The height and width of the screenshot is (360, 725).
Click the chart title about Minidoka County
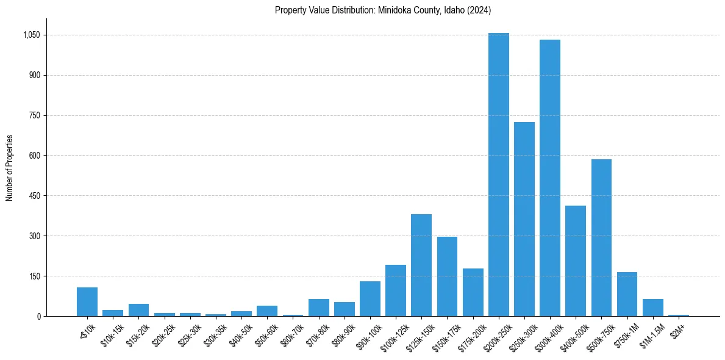382,10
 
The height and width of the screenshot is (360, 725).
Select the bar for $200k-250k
498,175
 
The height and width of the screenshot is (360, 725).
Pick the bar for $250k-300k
524,219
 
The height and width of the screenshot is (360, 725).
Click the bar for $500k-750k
601,237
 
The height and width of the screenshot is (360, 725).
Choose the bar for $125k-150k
421,265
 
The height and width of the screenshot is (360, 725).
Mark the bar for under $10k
87,301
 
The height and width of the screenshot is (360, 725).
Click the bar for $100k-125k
396,290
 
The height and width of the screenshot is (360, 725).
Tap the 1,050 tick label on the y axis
31,35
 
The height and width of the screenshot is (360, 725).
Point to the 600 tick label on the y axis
35,156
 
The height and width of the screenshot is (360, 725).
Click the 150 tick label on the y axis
35,276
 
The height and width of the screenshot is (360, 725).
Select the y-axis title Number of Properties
10,168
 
